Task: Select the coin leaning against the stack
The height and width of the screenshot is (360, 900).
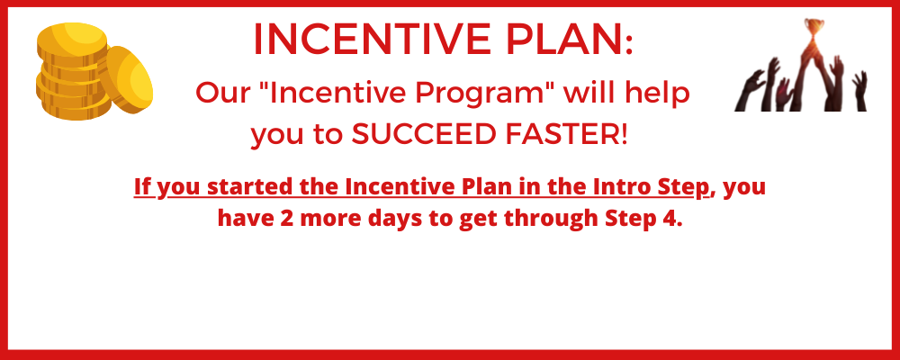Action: [x=126, y=79]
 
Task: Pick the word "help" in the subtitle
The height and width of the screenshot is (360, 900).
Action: [x=663, y=94]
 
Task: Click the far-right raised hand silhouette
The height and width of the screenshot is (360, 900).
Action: [x=859, y=90]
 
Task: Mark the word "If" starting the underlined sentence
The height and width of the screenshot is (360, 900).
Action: [x=142, y=187]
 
